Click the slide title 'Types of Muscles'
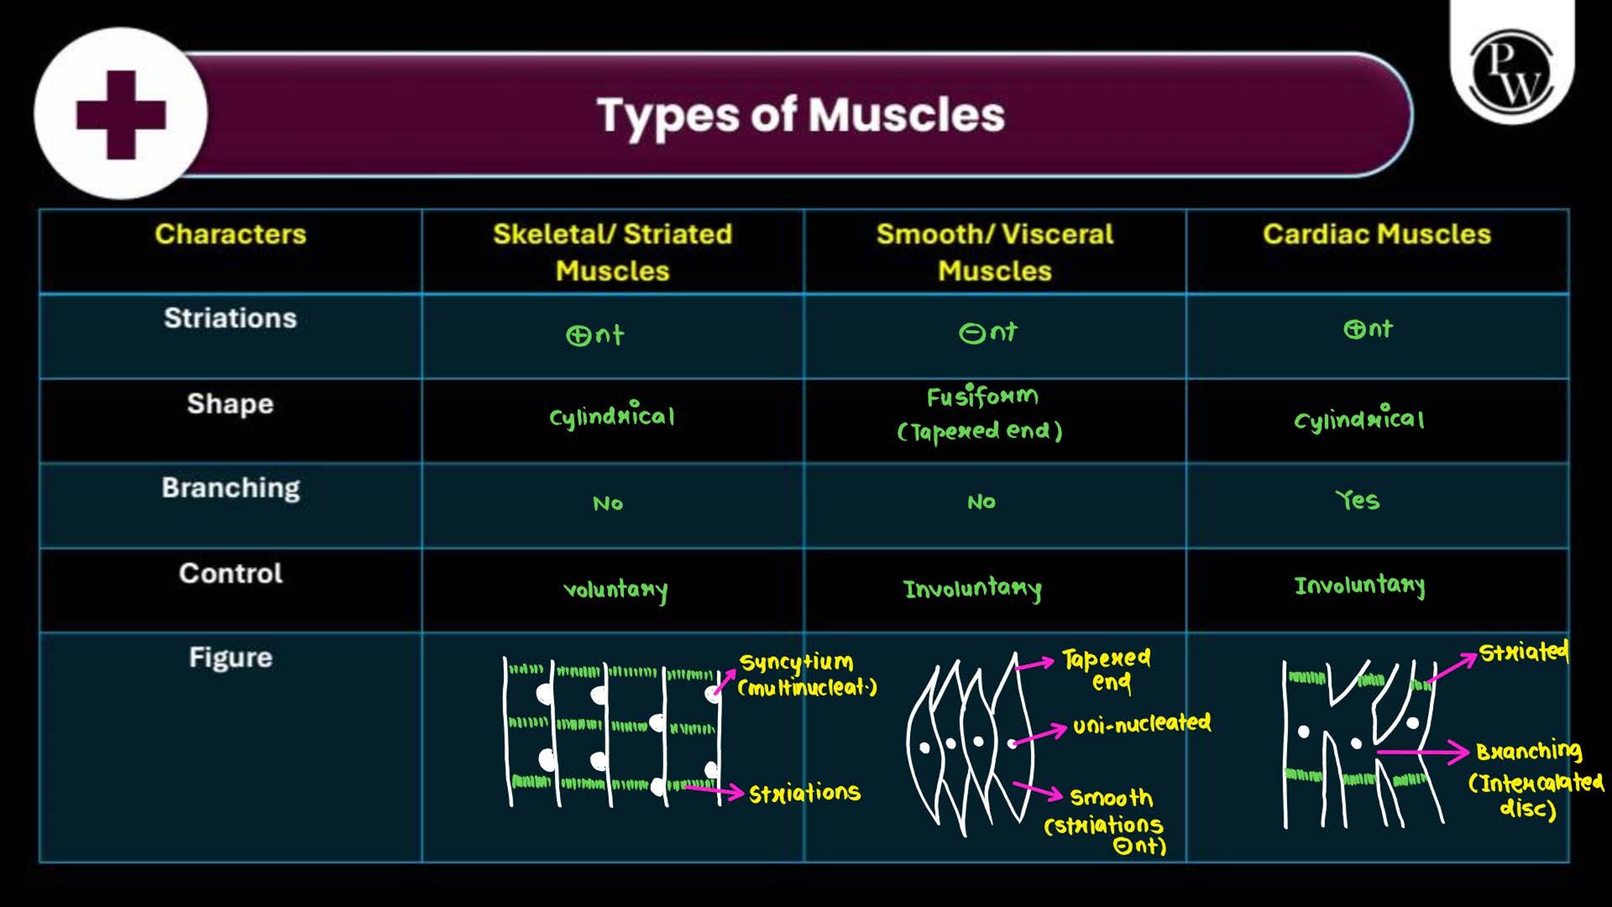coord(801,116)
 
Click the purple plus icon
coord(121,115)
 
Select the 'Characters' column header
coord(230,234)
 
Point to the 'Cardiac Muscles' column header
coord(1377,234)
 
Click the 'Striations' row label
coord(230,318)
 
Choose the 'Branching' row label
coord(230,489)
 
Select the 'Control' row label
coord(230,573)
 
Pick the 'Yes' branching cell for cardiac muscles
coord(1358,500)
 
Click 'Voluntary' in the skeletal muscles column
coord(615,590)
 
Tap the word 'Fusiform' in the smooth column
coord(982,396)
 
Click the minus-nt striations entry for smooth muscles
coord(988,332)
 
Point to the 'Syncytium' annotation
coord(797,663)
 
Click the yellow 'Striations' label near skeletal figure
coord(805,793)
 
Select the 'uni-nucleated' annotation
coord(1142,724)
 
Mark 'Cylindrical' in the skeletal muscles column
coord(612,416)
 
